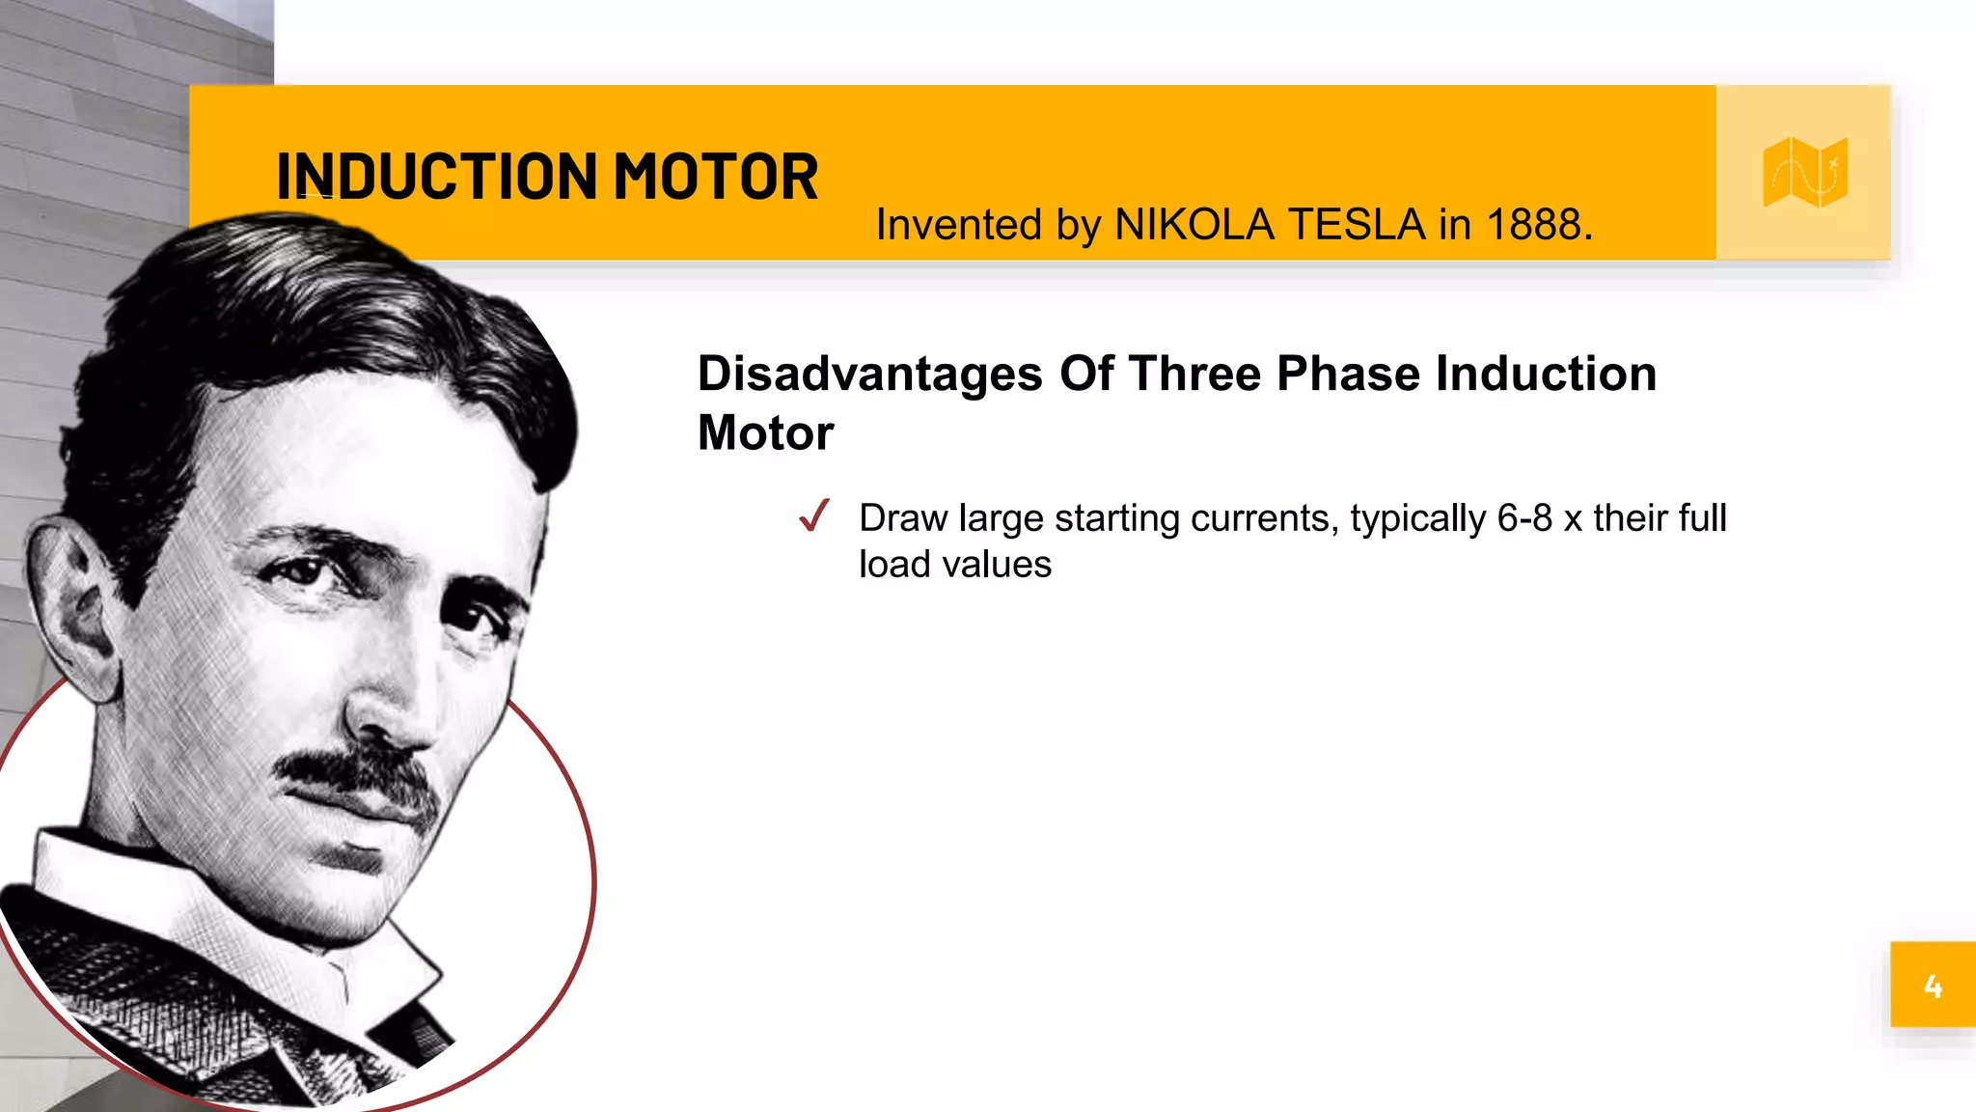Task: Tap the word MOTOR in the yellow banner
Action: click(x=715, y=177)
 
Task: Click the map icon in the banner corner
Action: click(x=1804, y=173)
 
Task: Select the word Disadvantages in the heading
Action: click(x=869, y=374)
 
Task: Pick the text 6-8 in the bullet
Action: click(x=1523, y=518)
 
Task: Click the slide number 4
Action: click(x=1933, y=986)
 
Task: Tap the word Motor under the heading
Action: click(x=765, y=432)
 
